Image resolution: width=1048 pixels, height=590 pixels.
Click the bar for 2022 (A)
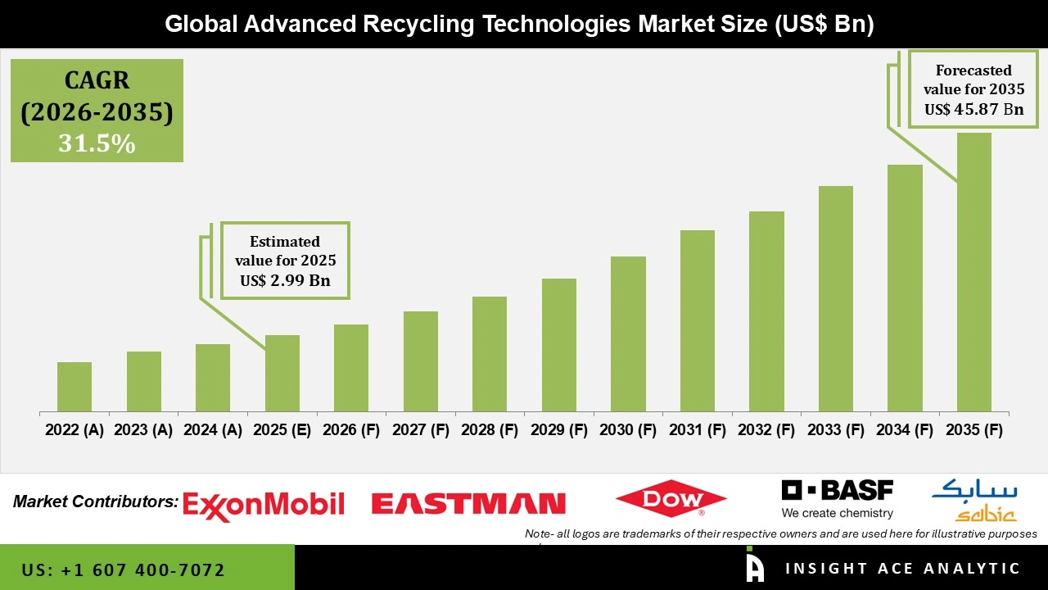(x=75, y=387)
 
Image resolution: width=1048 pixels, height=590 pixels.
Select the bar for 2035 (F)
(x=974, y=272)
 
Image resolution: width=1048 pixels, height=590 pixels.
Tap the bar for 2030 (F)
(x=628, y=334)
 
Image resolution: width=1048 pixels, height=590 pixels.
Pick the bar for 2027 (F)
(x=420, y=361)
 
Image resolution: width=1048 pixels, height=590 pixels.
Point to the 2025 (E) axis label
(x=282, y=430)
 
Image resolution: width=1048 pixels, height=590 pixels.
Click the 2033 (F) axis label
(x=836, y=430)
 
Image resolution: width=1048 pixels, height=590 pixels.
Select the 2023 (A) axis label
(x=143, y=430)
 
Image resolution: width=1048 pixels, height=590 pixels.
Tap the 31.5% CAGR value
(x=97, y=143)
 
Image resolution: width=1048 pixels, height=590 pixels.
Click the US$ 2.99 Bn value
(x=285, y=281)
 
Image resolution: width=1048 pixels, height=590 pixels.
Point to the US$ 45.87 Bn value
(x=973, y=109)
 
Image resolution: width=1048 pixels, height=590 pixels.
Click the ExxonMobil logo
(x=263, y=504)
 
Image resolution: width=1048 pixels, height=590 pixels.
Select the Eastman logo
(x=468, y=503)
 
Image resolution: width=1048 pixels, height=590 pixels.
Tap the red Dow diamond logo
(x=671, y=499)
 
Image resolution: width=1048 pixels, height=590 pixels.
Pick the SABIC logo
(x=974, y=501)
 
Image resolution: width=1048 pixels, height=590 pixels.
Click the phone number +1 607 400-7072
(x=123, y=570)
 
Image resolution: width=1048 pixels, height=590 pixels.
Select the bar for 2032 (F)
(x=766, y=311)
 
